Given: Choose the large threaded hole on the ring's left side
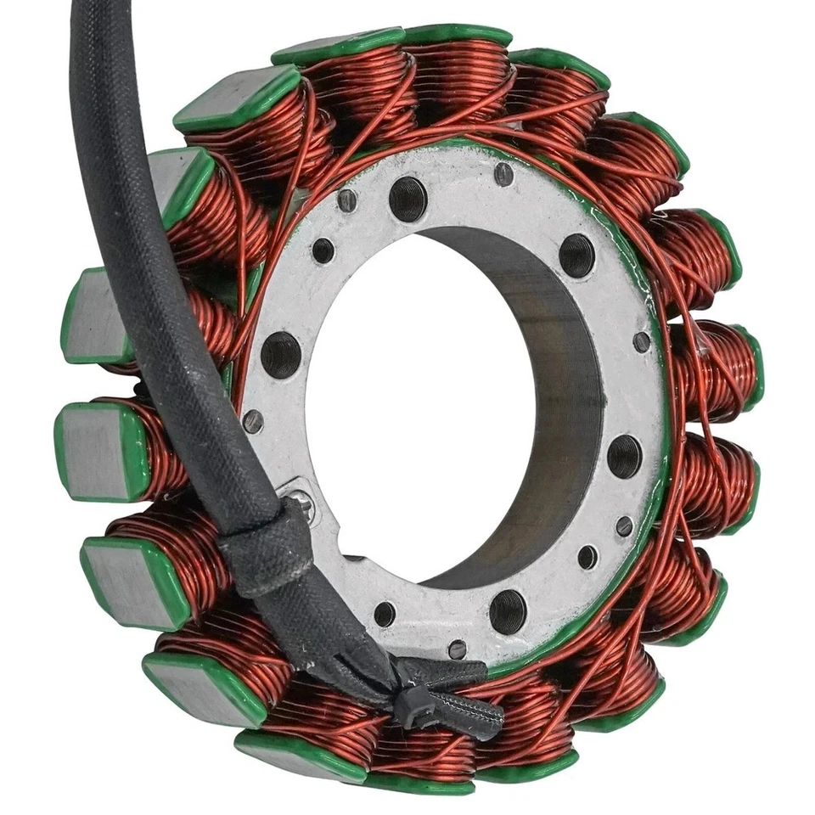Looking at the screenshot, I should coord(281,354).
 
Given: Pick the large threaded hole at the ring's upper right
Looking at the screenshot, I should coord(576,255).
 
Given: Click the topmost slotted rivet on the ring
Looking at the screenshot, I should coord(503,174).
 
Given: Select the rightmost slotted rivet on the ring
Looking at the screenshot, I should coord(642,341).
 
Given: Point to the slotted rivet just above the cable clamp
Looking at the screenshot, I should coord(253,421).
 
